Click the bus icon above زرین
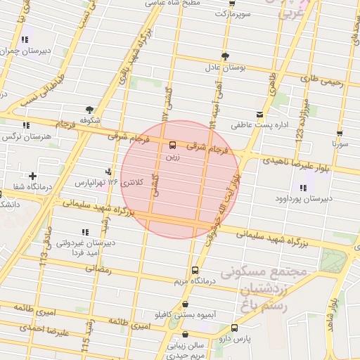pyautogui.click(x=172, y=146)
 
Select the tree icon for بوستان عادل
pyautogui.click(x=225, y=56)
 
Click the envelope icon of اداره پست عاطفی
pyautogui.click(x=260, y=114)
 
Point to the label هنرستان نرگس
pyautogui.click(x=27, y=136)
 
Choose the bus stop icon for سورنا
pyautogui.click(x=340, y=134)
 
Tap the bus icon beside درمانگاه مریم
pyautogui.click(x=195, y=271)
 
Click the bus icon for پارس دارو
pyautogui.click(x=234, y=328)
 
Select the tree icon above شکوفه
pyautogui.click(x=89, y=110)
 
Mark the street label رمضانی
pyautogui.click(x=98, y=269)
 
